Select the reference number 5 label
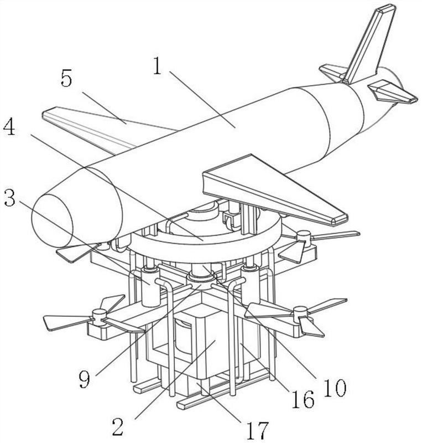(66, 79)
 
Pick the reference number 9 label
(84, 379)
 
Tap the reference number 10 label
(334, 388)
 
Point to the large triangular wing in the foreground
(271, 191)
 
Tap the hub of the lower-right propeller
(300, 313)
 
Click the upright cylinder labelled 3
(149, 285)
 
